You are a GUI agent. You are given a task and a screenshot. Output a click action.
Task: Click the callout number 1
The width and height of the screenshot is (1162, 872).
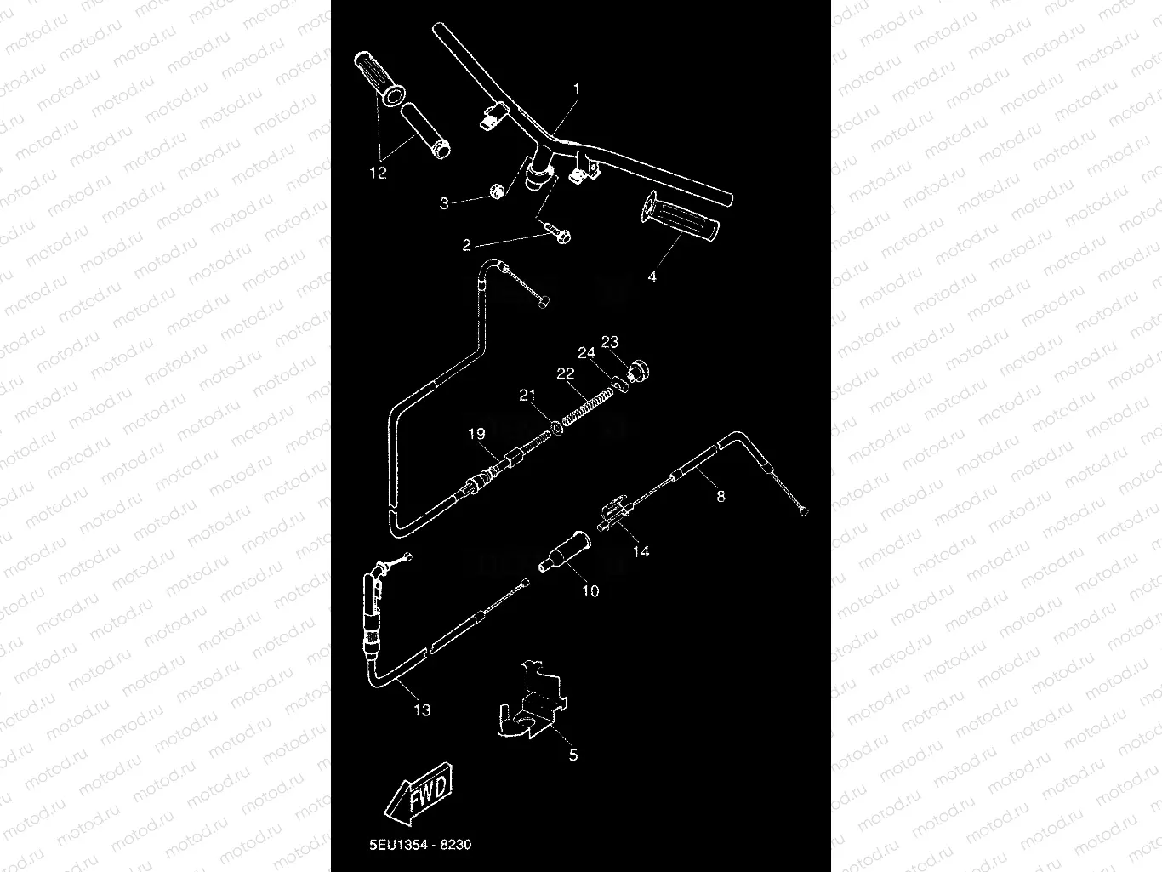[x=576, y=88]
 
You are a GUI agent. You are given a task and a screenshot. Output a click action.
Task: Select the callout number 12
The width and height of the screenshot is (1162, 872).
[x=378, y=173]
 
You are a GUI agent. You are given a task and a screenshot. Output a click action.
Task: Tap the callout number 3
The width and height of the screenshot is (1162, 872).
[x=444, y=203]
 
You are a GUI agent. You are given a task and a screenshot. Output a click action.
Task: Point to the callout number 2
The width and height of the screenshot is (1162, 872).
[x=466, y=246]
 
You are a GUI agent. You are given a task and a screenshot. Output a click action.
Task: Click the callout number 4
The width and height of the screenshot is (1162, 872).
[x=652, y=276]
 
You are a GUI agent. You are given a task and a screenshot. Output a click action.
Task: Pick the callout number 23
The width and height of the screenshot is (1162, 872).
[x=610, y=342]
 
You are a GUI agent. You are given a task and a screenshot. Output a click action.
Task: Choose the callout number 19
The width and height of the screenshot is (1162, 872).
[x=476, y=434]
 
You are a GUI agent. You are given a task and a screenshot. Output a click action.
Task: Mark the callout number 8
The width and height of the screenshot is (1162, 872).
[x=721, y=496]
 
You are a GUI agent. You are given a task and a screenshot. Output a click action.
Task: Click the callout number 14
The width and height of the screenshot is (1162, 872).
[x=641, y=551]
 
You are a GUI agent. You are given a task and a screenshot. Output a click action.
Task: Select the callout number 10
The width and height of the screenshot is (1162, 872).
[x=590, y=590]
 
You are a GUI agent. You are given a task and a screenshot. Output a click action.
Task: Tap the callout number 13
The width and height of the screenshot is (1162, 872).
[x=422, y=710]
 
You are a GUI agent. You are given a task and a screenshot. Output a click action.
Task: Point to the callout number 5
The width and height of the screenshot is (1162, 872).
[x=573, y=755]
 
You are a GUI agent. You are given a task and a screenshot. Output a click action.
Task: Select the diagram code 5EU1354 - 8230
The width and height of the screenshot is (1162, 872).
[x=420, y=845]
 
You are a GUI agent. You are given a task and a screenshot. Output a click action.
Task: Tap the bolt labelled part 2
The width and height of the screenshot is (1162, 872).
[x=558, y=235]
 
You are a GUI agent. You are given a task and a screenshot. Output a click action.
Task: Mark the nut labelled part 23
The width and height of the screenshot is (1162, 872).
[x=640, y=373]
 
